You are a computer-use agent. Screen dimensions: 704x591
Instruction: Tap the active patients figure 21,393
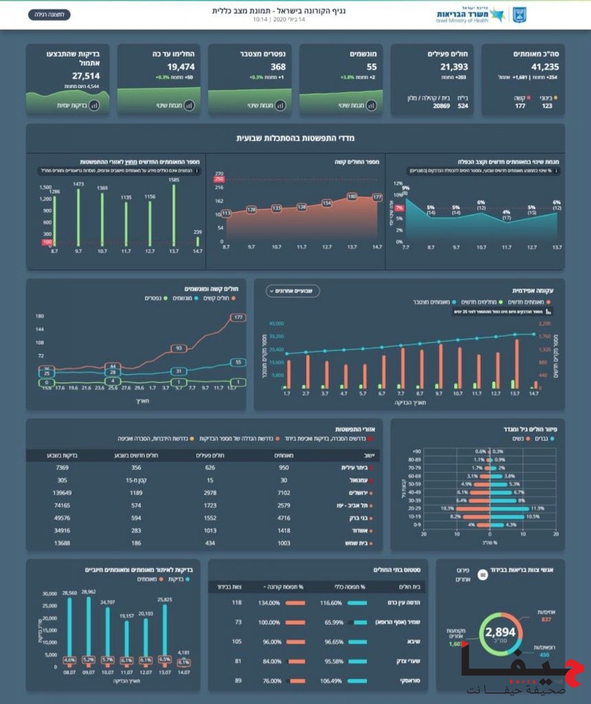[454, 67]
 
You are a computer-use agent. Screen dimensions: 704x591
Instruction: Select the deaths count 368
[278, 67]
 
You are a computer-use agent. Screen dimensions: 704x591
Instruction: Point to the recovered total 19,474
[182, 67]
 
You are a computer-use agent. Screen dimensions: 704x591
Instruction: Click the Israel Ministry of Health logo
[481, 14]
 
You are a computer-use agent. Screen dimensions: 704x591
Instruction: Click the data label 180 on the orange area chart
[352, 197]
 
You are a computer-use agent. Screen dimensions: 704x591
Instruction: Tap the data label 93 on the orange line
[179, 349]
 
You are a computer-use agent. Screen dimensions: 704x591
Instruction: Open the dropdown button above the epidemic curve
[292, 291]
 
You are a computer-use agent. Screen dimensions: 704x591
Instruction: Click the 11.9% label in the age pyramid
[537, 507]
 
